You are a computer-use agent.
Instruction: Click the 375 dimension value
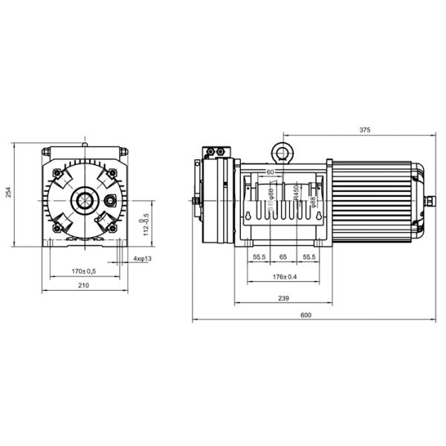click(364, 129)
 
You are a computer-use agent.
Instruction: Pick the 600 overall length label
click(306, 315)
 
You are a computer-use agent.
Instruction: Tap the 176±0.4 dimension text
click(284, 277)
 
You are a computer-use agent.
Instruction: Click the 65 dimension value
click(283, 256)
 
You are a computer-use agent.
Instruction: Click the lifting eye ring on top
click(283, 150)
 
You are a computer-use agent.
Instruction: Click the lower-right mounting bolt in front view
click(111, 227)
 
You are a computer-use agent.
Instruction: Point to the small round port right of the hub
click(113, 201)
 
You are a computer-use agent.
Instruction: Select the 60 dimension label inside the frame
click(270, 172)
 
